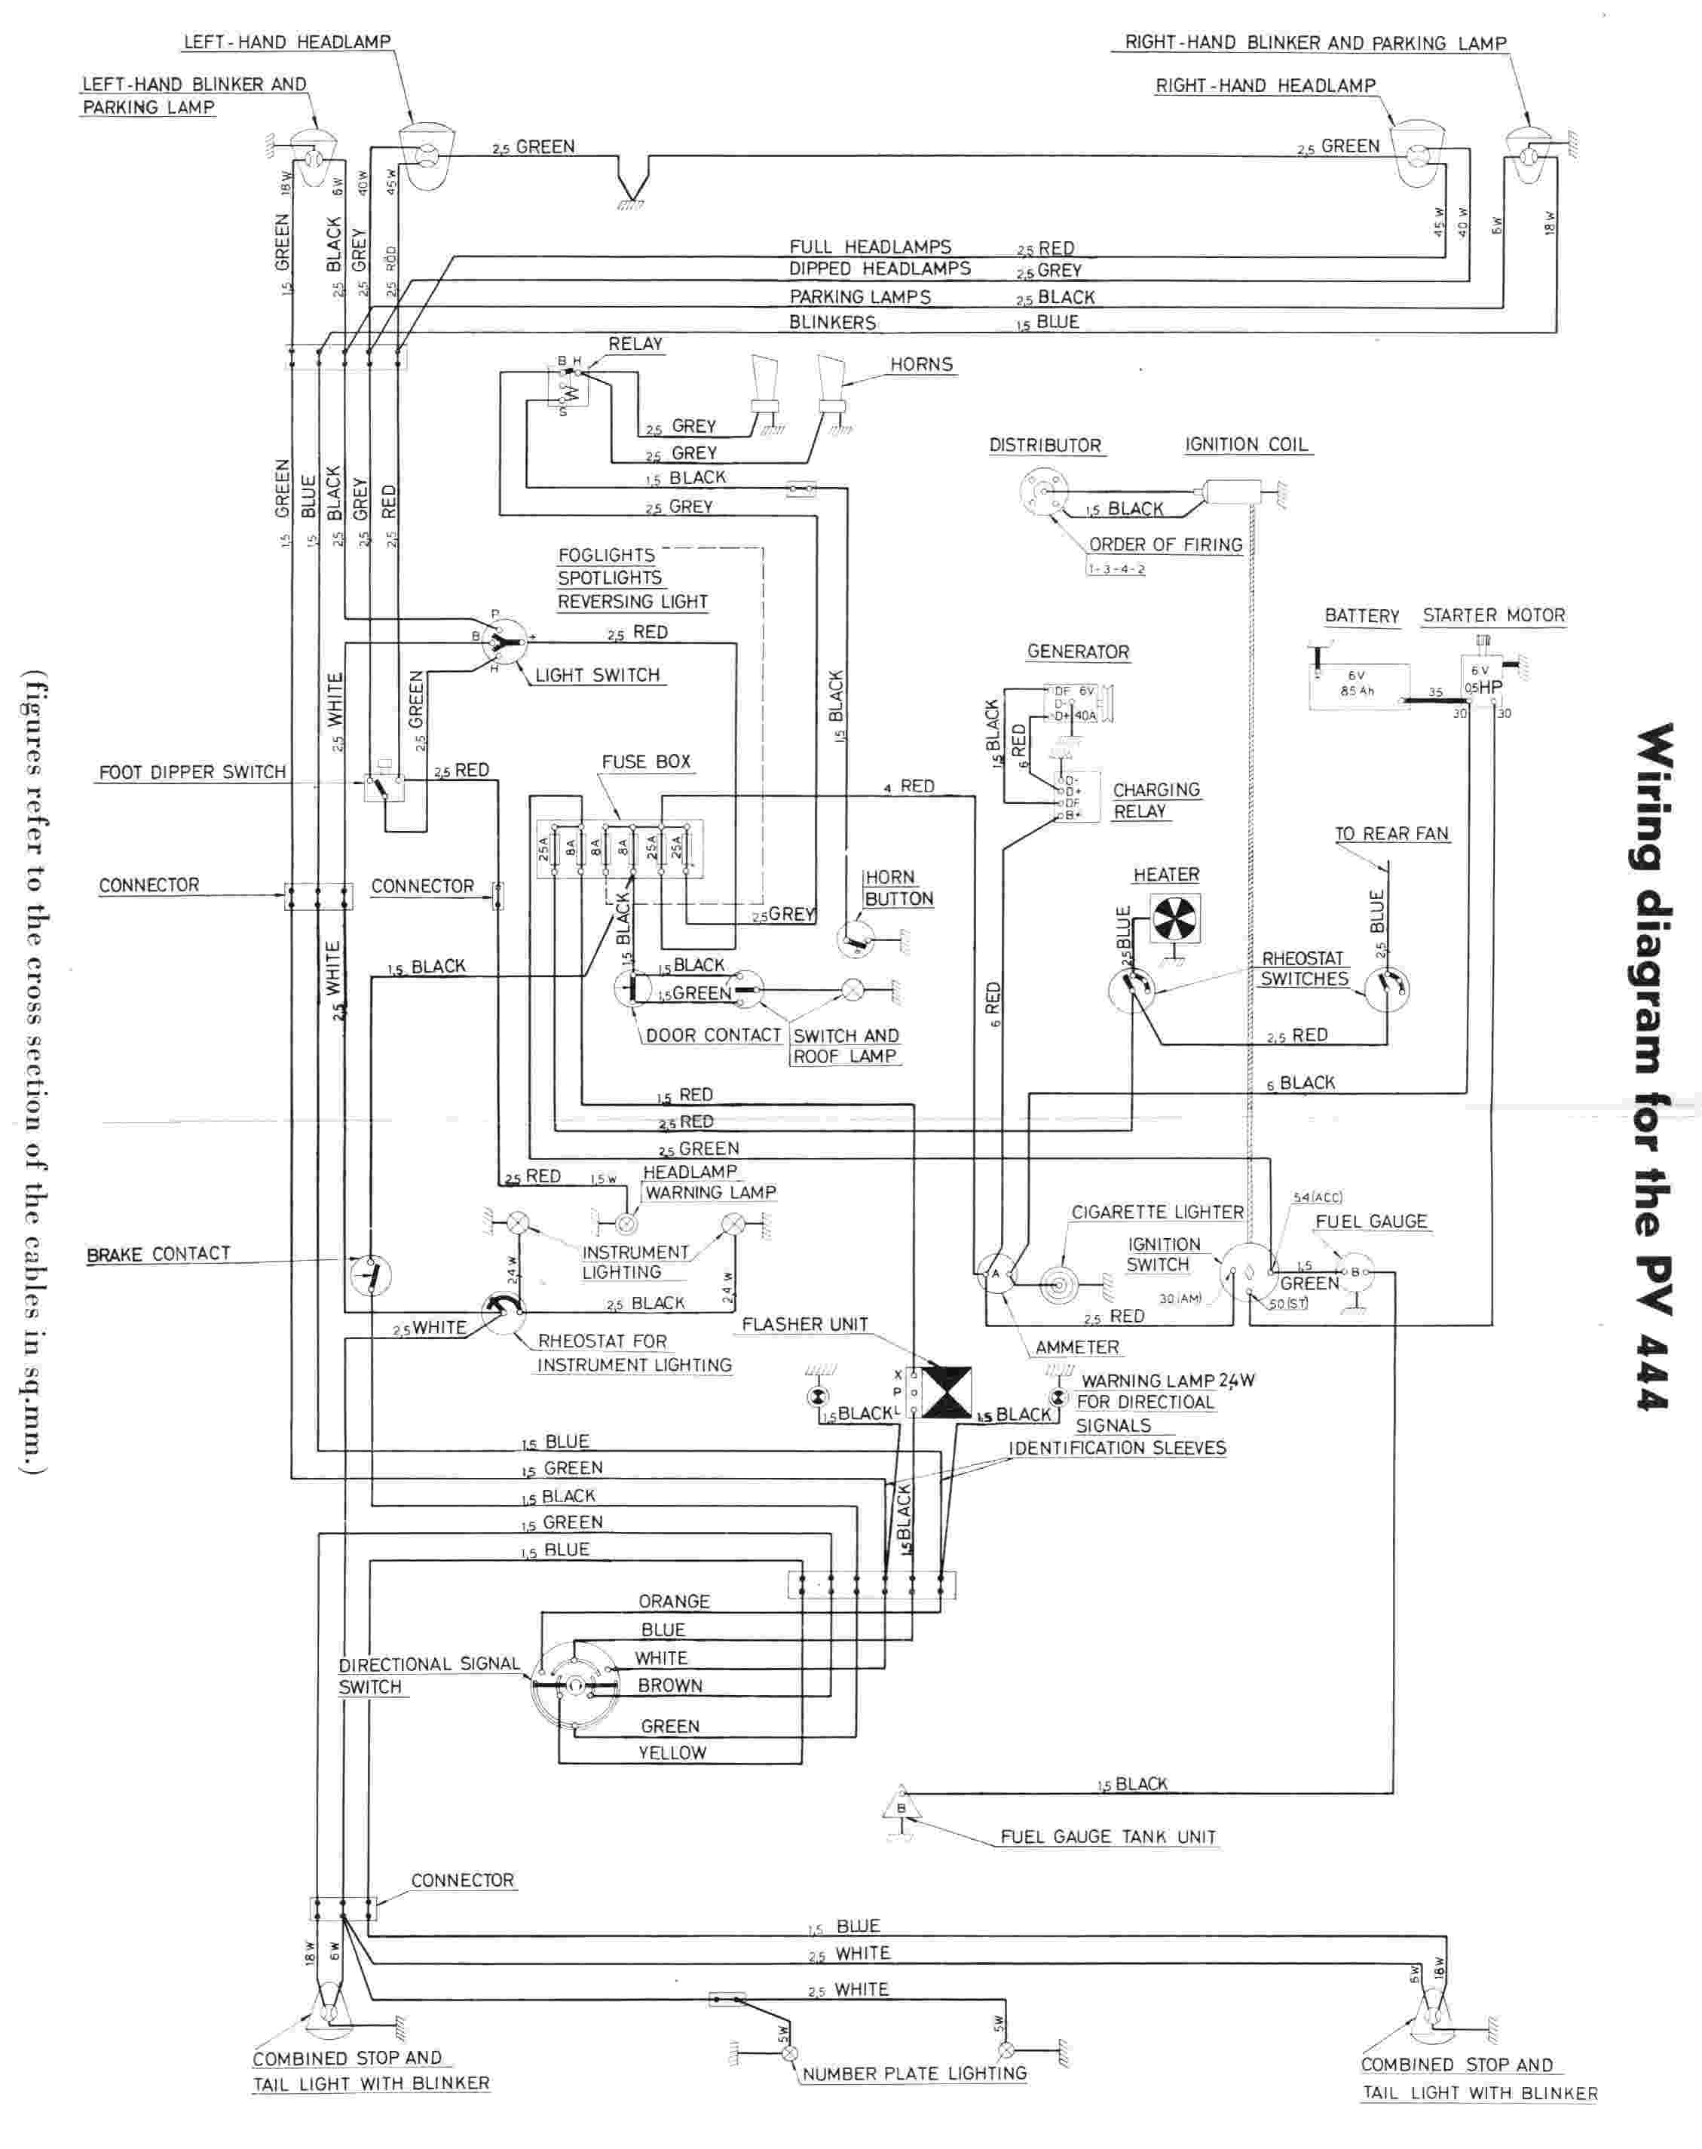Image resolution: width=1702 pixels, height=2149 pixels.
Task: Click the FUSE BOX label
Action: [646, 762]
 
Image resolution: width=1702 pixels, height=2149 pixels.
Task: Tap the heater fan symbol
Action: [1176, 917]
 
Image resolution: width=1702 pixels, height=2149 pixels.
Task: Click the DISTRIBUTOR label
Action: [1044, 446]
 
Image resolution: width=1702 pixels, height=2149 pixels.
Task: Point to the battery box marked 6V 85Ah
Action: [1358, 685]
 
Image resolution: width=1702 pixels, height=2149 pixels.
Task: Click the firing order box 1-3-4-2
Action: [1116, 569]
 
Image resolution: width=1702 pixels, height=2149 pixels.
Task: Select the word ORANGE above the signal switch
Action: [674, 1601]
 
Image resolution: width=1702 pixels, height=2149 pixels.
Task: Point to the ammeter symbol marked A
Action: [994, 1273]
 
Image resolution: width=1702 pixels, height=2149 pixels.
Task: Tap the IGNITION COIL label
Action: [1246, 445]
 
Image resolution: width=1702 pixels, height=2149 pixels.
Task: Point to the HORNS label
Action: [921, 365]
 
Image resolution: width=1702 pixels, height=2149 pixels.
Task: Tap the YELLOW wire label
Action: [672, 1752]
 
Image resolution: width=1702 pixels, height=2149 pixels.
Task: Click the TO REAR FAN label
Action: [1391, 833]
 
